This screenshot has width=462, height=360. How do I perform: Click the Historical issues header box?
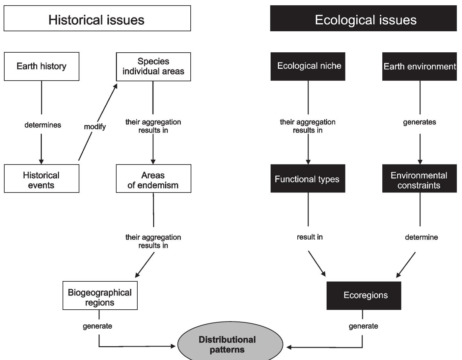(97, 18)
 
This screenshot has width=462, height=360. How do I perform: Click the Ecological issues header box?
(363, 18)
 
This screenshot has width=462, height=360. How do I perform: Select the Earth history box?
(41, 66)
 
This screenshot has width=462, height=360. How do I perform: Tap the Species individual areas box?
(153, 66)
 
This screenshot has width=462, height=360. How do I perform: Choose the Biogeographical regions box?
(100, 295)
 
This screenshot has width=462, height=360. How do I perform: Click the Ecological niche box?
(308, 66)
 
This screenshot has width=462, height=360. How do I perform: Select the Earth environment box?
(419, 66)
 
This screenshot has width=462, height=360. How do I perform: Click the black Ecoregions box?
(364, 295)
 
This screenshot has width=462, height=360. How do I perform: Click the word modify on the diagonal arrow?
(95, 127)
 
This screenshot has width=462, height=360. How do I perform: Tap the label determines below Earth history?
(43, 125)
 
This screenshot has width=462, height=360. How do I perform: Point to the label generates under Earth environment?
(420, 122)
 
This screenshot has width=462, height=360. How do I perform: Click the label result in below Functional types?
(310, 237)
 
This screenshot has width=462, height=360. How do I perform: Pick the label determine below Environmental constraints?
(421, 237)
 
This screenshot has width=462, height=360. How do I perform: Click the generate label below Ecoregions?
(363, 326)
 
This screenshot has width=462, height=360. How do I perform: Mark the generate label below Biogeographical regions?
(97, 326)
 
